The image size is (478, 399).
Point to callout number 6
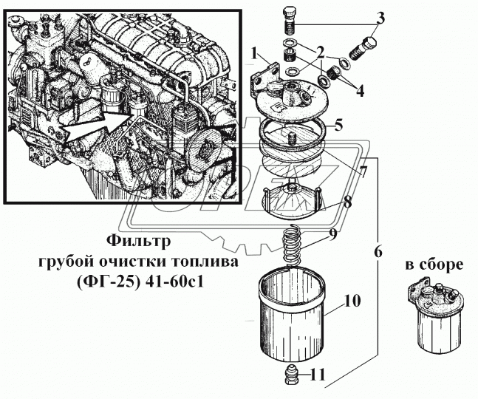(x=378, y=251)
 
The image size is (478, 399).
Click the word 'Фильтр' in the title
(x=138, y=241)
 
